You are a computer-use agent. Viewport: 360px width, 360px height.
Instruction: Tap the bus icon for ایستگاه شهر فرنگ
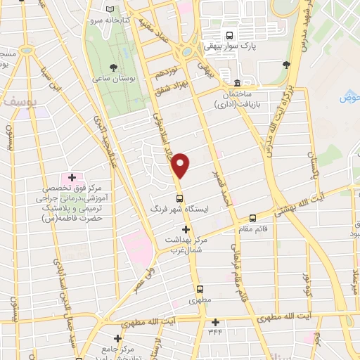coord(180,198)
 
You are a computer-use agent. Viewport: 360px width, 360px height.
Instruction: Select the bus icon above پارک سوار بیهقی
coord(229,35)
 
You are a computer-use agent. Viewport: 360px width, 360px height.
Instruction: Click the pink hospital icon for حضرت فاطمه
coord(70,176)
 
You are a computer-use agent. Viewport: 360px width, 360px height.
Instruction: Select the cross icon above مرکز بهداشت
coord(186,229)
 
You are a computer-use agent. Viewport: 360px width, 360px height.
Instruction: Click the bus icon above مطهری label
coord(200,288)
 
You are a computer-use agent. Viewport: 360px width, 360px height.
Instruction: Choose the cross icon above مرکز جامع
coord(108,338)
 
